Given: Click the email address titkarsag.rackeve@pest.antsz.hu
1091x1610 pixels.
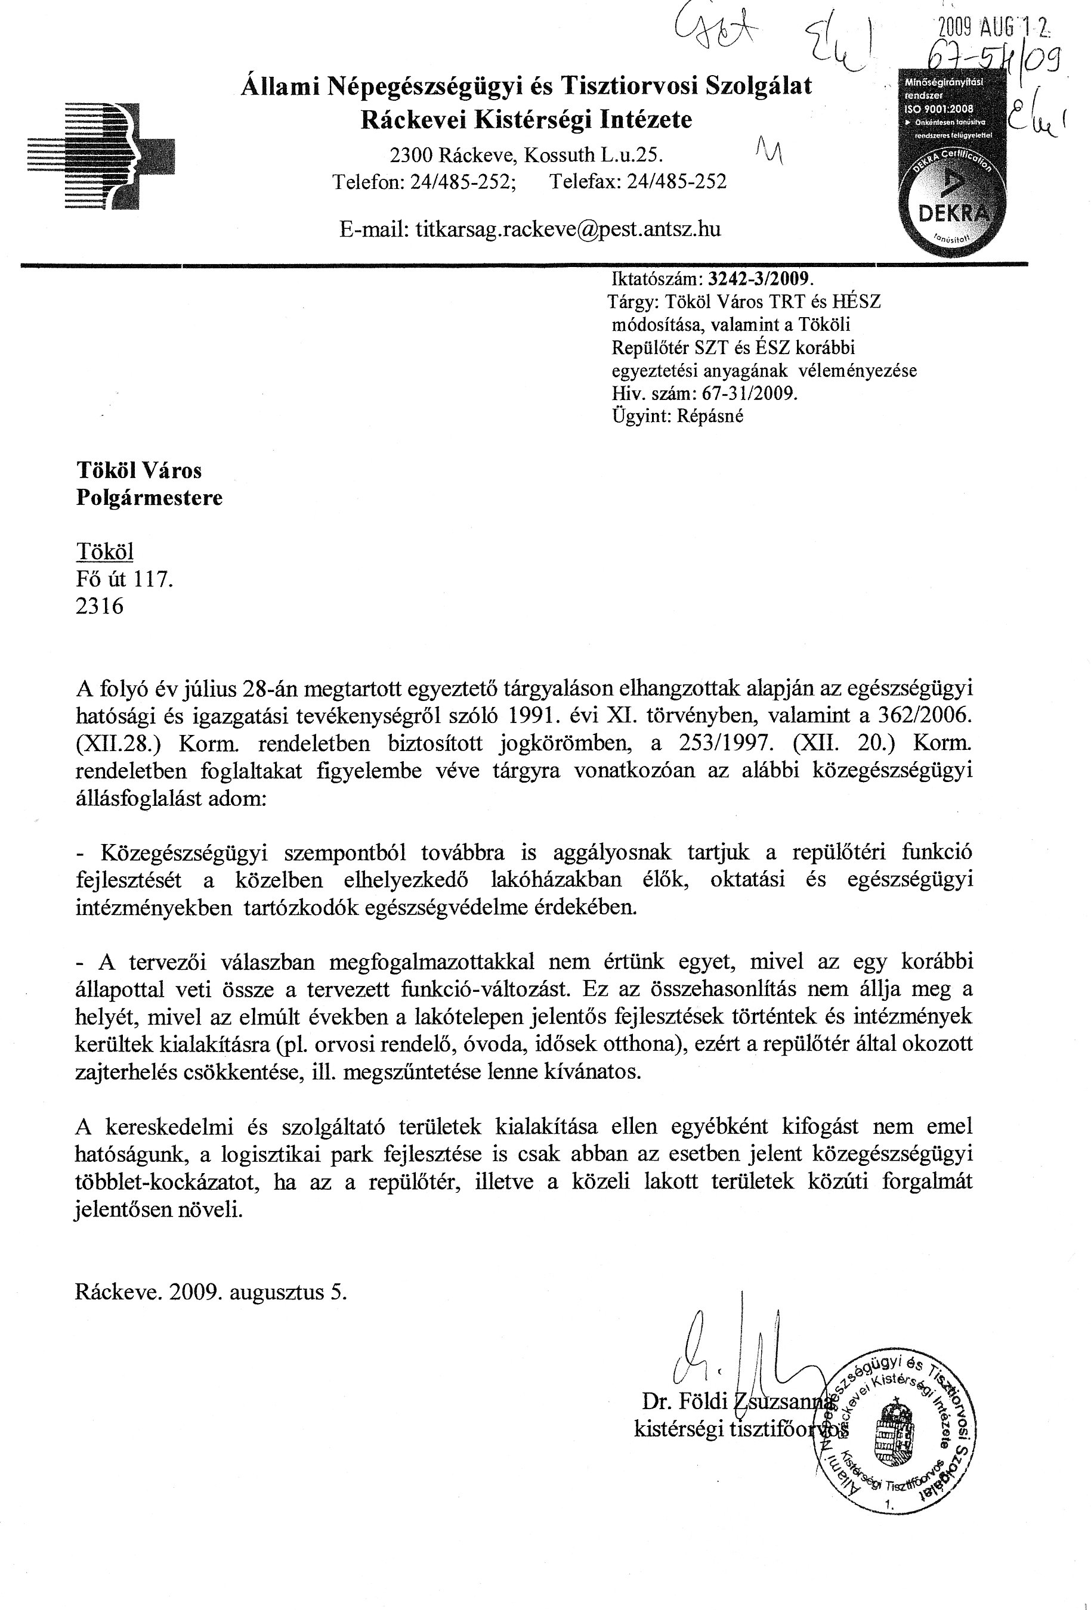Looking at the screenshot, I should pos(530,229).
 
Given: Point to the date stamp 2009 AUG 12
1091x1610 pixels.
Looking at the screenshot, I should pos(992,27).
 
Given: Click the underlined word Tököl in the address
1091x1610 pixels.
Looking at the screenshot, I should pos(104,551).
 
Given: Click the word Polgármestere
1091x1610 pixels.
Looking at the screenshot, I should pos(149,498).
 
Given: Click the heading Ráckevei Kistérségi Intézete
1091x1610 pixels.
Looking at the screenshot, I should pos(526,120).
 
